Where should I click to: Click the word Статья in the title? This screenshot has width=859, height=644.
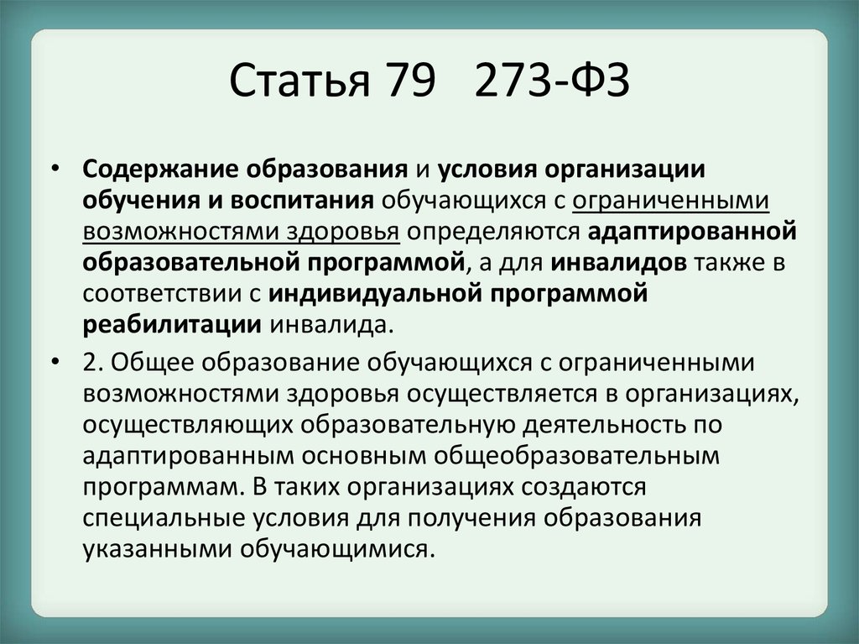(299, 81)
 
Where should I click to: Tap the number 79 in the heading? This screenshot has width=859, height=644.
(411, 81)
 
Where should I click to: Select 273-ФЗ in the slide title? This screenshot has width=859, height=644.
(552, 81)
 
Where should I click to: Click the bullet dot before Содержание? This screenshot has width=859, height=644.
(55, 169)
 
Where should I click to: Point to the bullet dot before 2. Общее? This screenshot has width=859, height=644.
(55, 362)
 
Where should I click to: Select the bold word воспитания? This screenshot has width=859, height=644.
(302, 201)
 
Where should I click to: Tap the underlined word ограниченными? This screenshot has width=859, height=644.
(670, 201)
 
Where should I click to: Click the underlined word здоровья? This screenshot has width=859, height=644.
(343, 232)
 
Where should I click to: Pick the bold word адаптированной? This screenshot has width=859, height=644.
(692, 232)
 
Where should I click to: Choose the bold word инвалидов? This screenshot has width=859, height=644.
(618, 263)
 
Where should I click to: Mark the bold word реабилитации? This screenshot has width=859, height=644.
(172, 325)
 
